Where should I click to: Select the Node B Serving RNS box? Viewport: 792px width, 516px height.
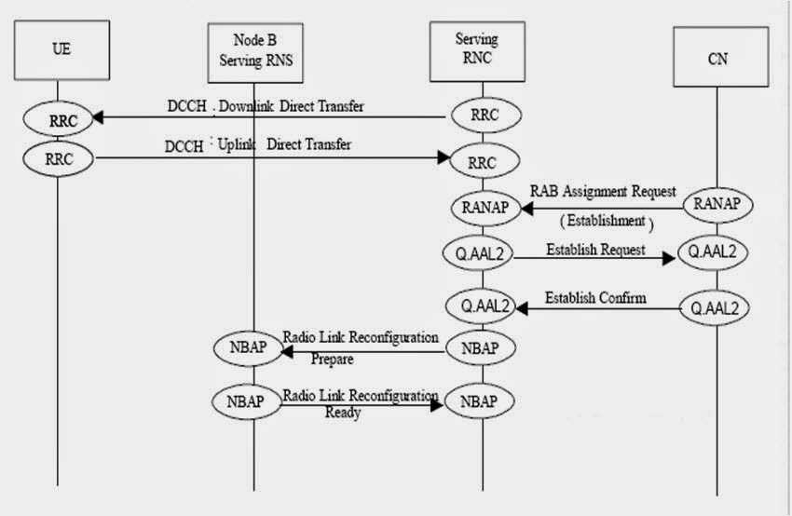point(252,49)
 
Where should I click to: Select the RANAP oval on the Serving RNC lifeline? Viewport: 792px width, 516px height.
point(483,208)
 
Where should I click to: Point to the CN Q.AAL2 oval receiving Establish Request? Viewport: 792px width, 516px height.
point(715,251)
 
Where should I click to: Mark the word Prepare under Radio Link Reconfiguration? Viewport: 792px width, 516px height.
point(332,358)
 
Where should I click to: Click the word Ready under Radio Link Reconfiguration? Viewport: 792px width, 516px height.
point(342,412)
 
